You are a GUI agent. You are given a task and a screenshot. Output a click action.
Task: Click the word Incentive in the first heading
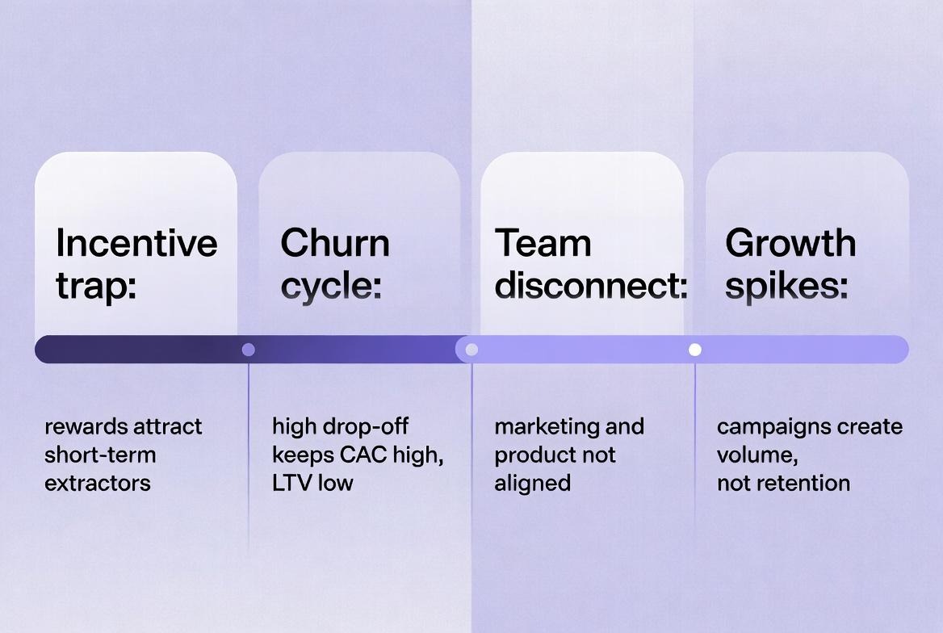point(136,243)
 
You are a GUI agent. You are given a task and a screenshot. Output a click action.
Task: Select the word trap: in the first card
point(95,287)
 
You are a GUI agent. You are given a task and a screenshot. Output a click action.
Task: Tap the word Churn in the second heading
point(335,243)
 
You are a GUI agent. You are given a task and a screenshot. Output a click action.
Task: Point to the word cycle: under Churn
point(331,287)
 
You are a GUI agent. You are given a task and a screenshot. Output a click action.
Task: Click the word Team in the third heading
point(543,243)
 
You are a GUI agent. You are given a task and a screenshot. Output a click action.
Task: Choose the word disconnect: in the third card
point(590,287)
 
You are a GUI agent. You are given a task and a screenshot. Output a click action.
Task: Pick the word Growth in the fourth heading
point(790,243)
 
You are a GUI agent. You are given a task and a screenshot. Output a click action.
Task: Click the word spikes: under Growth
point(786,287)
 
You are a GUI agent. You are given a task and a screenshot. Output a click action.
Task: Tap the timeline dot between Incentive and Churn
point(249,350)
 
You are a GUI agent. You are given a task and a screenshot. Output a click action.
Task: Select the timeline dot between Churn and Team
point(472,350)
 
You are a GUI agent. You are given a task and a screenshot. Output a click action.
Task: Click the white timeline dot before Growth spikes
point(695,350)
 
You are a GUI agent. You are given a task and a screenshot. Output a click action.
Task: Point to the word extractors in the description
point(98,483)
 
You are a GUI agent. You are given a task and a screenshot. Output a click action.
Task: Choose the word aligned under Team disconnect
point(533,483)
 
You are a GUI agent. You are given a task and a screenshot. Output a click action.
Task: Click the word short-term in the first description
point(100,455)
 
